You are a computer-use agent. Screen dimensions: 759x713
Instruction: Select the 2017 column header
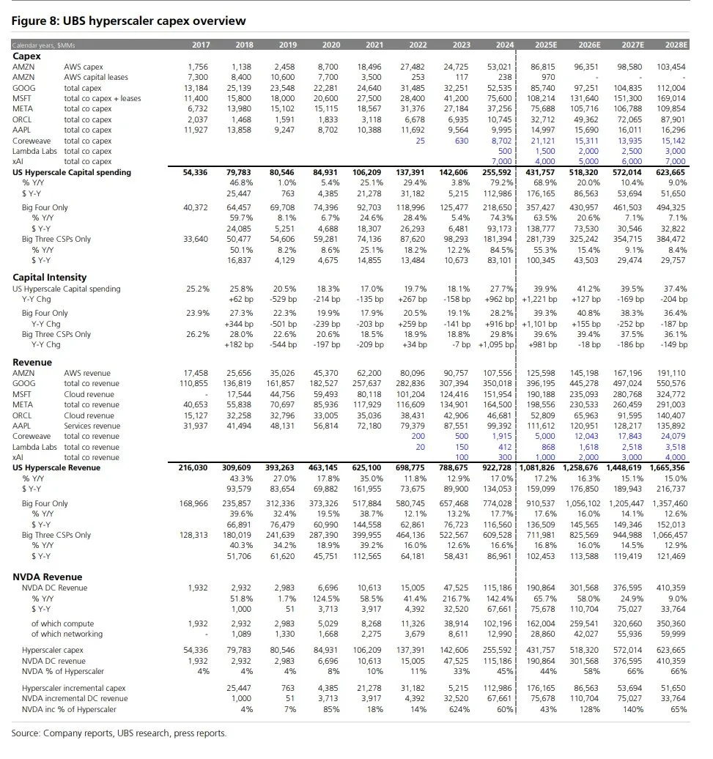point(201,45)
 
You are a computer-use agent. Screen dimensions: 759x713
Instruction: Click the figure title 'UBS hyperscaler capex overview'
point(129,21)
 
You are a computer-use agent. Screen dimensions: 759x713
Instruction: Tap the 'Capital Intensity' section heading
point(50,277)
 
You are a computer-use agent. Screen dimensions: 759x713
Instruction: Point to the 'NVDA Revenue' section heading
point(48,577)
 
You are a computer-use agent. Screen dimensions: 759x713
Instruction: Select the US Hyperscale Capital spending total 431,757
point(540,173)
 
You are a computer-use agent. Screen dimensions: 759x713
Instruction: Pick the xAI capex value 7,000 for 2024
point(501,161)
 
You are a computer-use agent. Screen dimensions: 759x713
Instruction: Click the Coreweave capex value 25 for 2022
point(421,141)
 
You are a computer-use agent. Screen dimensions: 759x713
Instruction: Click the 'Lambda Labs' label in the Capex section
point(34,151)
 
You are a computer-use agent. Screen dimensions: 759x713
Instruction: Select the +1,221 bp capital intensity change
point(539,299)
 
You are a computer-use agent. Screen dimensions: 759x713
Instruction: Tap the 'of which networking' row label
point(67,634)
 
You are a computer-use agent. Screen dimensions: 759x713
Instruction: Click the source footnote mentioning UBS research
point(119,733)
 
